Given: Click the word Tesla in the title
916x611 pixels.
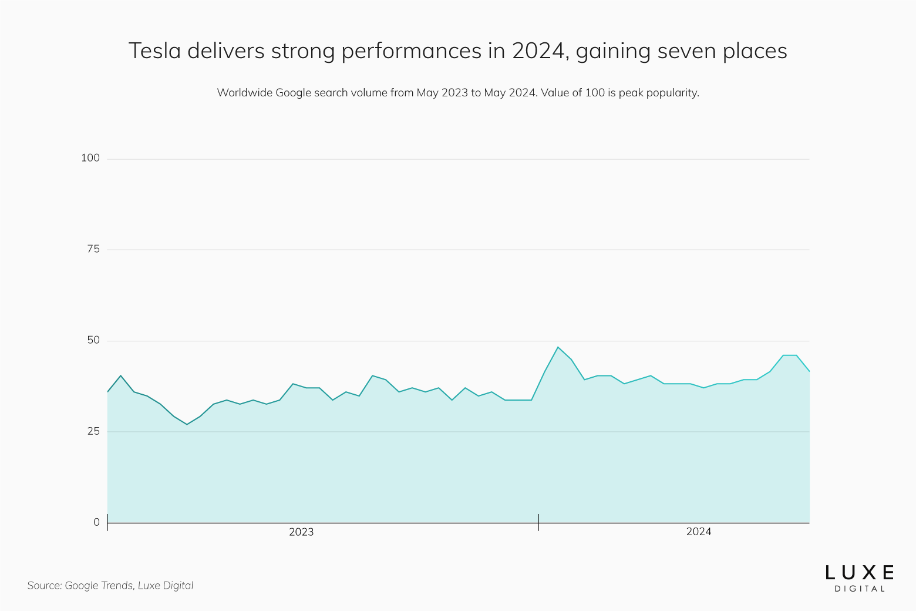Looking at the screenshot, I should tap(154, 51).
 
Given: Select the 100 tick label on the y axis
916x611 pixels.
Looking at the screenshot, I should tap(90, 158).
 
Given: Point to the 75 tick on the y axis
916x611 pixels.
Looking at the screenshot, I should tap(93, 249).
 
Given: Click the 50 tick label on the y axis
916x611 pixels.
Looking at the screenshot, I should tap(93, 340).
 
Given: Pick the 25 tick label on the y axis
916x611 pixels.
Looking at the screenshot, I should tap(93, 431).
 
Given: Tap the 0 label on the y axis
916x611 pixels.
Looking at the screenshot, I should tap(96, 522).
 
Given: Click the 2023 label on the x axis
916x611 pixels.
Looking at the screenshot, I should tap(301, 532).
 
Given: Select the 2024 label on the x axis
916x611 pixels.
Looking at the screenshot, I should tap(699, 532).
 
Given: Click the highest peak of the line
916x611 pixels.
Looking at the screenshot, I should tap(558, 347).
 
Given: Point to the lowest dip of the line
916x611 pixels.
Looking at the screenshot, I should tap(187, 424).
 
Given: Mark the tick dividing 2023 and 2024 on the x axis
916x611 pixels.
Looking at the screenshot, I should tap(538, 522).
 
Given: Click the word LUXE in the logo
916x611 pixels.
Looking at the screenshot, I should tap(860, 573).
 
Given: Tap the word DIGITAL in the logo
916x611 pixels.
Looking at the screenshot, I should tap(860, 589).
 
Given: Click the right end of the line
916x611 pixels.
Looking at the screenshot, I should tap(809, 371).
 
